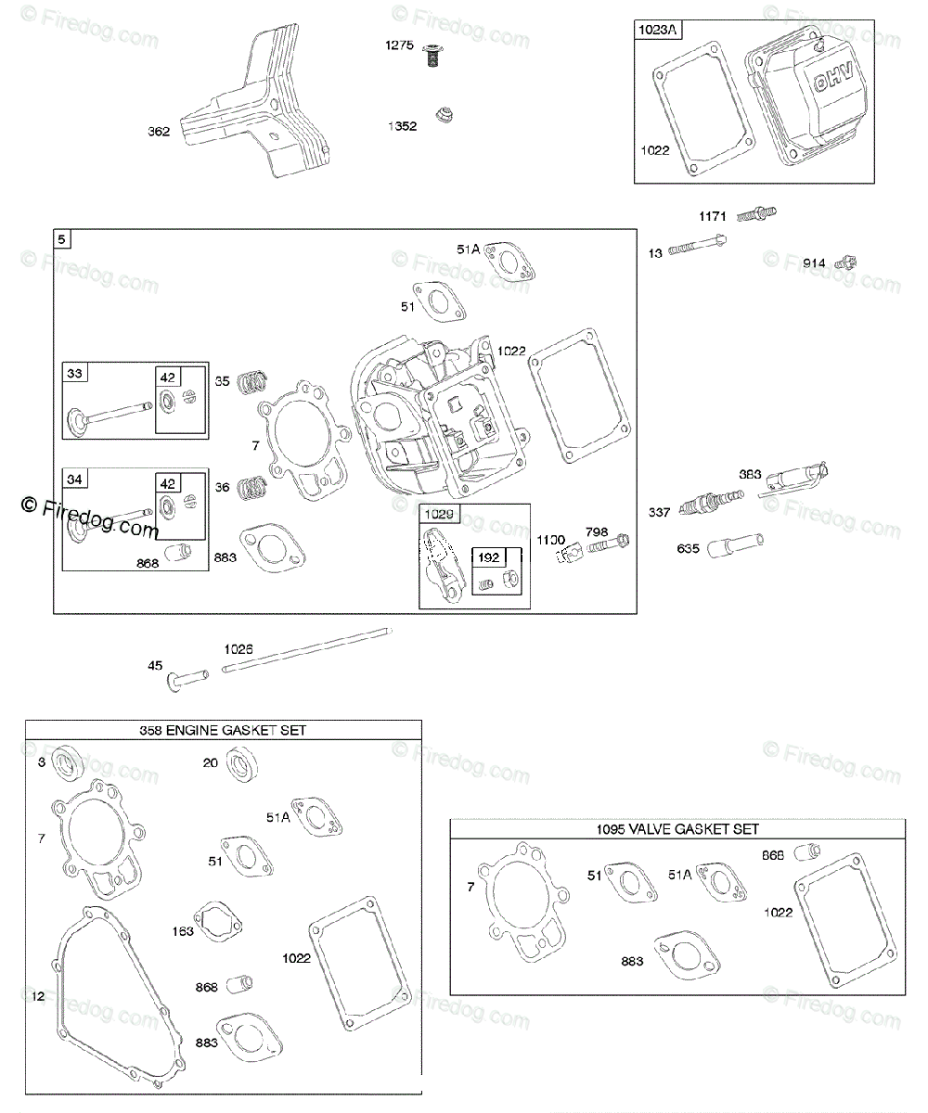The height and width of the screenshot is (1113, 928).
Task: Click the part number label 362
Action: [x=159, y=132]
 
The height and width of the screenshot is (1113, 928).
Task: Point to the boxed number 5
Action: [x=61, y=239]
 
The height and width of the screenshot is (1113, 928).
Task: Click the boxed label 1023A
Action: [x=658, y=30]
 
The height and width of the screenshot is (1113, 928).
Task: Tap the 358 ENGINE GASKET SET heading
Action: [x=223, y=730]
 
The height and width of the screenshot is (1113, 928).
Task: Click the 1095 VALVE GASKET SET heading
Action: [x=678, y=828]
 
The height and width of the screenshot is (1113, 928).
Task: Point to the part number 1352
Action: [x=402, y=126]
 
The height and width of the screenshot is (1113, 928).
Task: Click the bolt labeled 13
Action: [x=696, y=246]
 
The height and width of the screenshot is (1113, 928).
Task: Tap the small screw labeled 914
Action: [x=845, y=262]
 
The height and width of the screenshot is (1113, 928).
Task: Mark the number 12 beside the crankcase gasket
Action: [x=37, y=996]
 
